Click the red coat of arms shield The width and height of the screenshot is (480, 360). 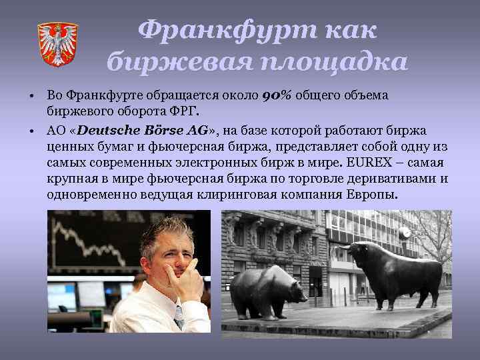(x=57, y=44)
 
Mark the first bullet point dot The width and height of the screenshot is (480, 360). (x=31, y=97)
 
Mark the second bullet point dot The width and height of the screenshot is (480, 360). (x=31, y=130)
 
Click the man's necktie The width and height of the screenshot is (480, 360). (x=179, y=320)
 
